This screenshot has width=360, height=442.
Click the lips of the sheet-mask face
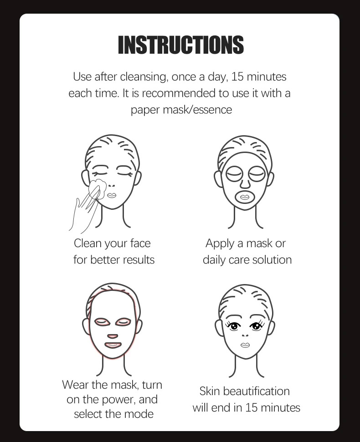click(246, 197)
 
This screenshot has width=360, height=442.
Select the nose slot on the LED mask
click(112, 336)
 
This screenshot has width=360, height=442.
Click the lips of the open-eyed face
click(245, 345)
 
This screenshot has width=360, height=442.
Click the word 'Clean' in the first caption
click(87, 244)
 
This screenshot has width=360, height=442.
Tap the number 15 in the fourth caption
click(252, 407)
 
